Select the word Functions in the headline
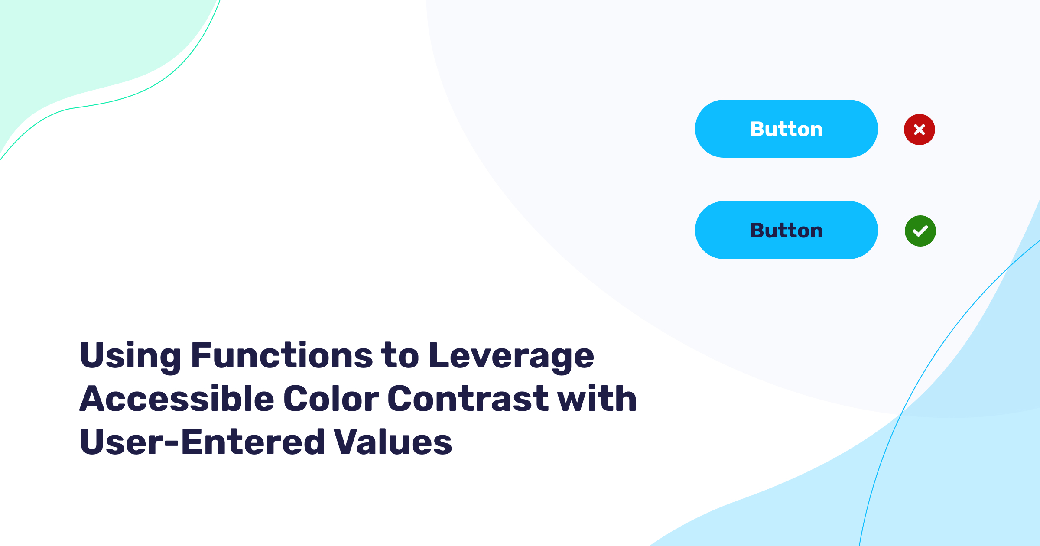pos(282,355)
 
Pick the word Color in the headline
pos(331,399)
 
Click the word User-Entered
pos(202,442)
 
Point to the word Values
pos(393,442)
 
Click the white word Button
pos(786,129)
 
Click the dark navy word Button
pos(786,231)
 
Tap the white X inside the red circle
pos(920,130)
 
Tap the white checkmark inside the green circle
pos(920,231)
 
